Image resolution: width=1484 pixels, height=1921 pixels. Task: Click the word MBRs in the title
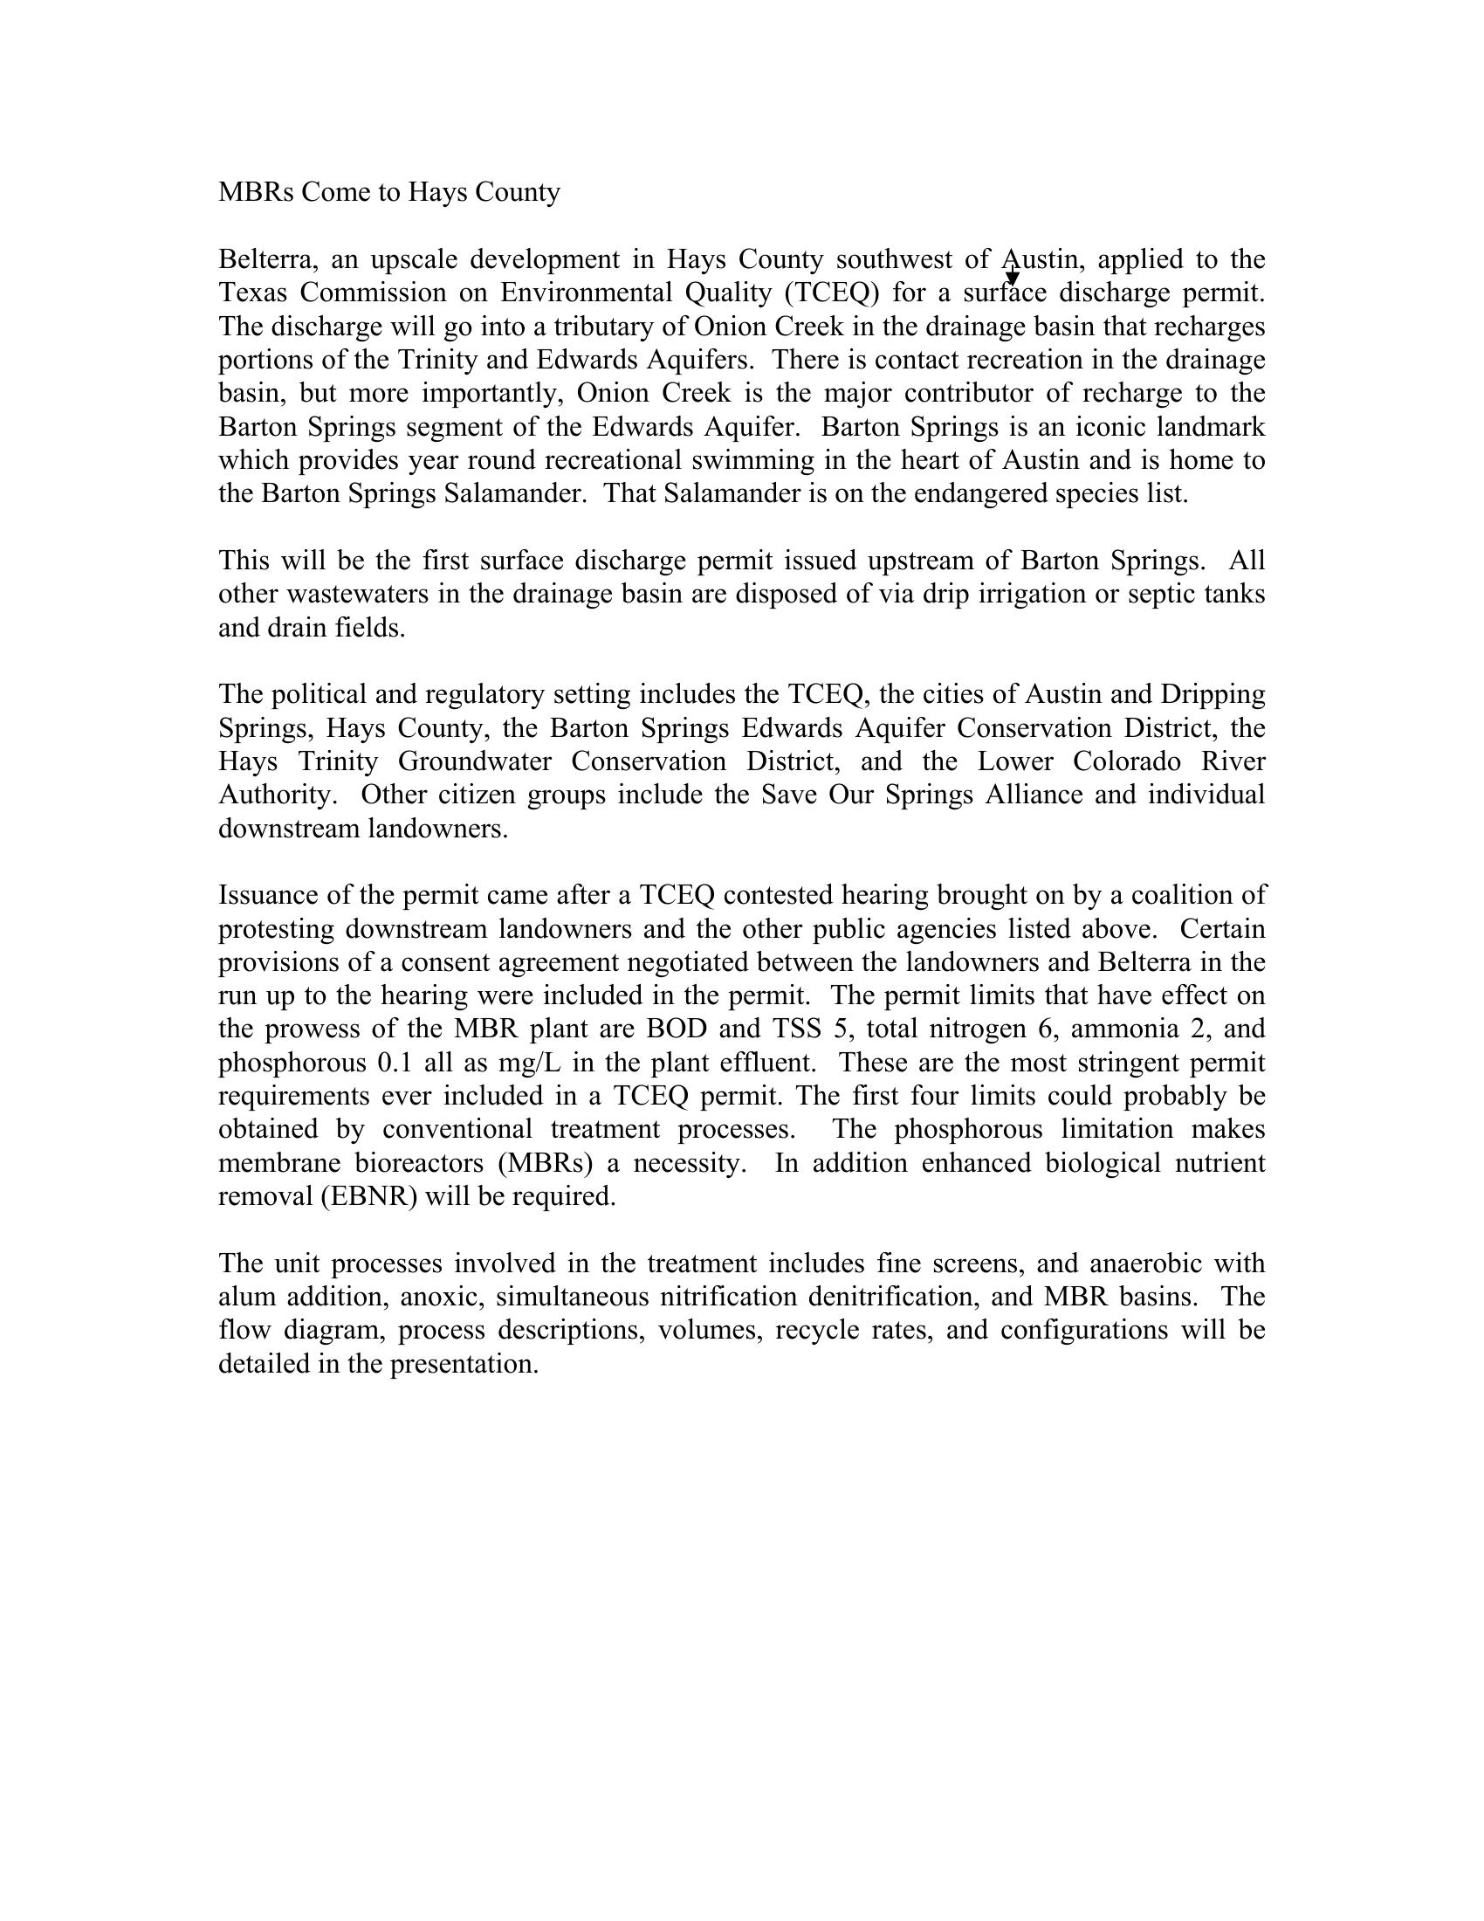coord(255,192)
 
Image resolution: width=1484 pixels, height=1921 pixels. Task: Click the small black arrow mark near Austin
coord(1012,278)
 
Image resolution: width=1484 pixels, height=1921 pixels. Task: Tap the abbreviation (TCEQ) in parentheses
coord(832,293)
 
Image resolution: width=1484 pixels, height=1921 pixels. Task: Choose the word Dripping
coord(1213,694)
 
